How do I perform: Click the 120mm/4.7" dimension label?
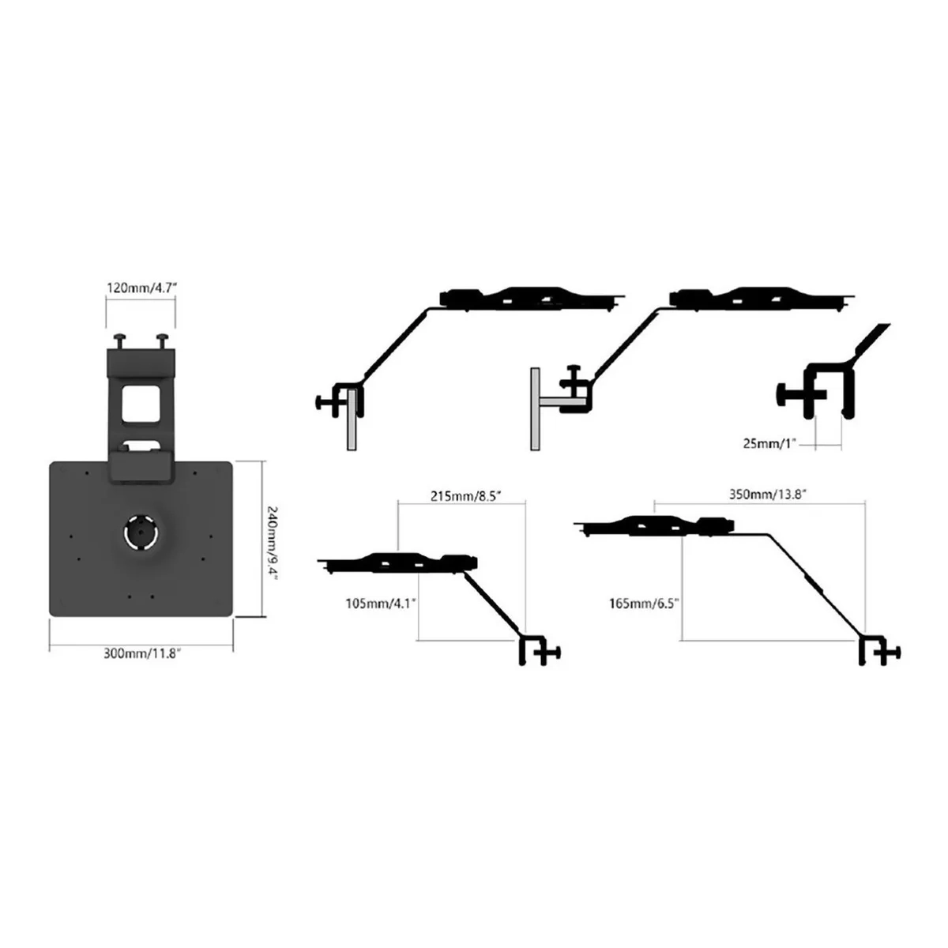141,287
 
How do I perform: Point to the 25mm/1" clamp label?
769,443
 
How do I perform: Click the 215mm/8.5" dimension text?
465,496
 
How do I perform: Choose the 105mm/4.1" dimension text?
380,603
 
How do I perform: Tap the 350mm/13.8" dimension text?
767,494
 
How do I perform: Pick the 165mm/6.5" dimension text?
644,603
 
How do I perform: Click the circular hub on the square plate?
141,532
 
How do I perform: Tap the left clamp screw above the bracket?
121,340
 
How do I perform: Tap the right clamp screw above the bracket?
163,340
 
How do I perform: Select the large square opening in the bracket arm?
141,404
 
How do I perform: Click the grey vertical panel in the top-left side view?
352,419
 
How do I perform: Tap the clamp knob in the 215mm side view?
556,653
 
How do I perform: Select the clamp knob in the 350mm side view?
897,653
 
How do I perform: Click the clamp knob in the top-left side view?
319,402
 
